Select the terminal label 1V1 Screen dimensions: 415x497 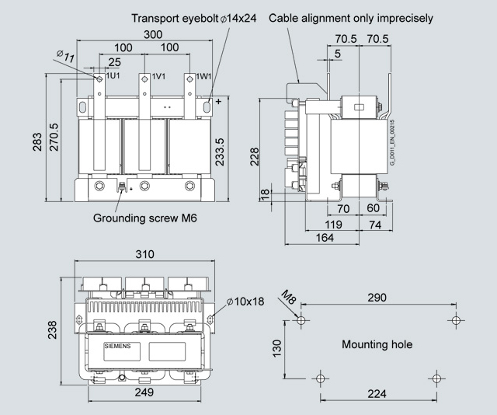[158, 76]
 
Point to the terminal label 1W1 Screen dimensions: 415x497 [203, 76]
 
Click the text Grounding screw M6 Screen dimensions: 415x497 [145, 218]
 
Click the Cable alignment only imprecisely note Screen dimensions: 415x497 [351, 18]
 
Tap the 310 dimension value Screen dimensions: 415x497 [144, 254]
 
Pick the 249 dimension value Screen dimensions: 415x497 [144, 392]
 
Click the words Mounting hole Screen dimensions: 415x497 [377, 344]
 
